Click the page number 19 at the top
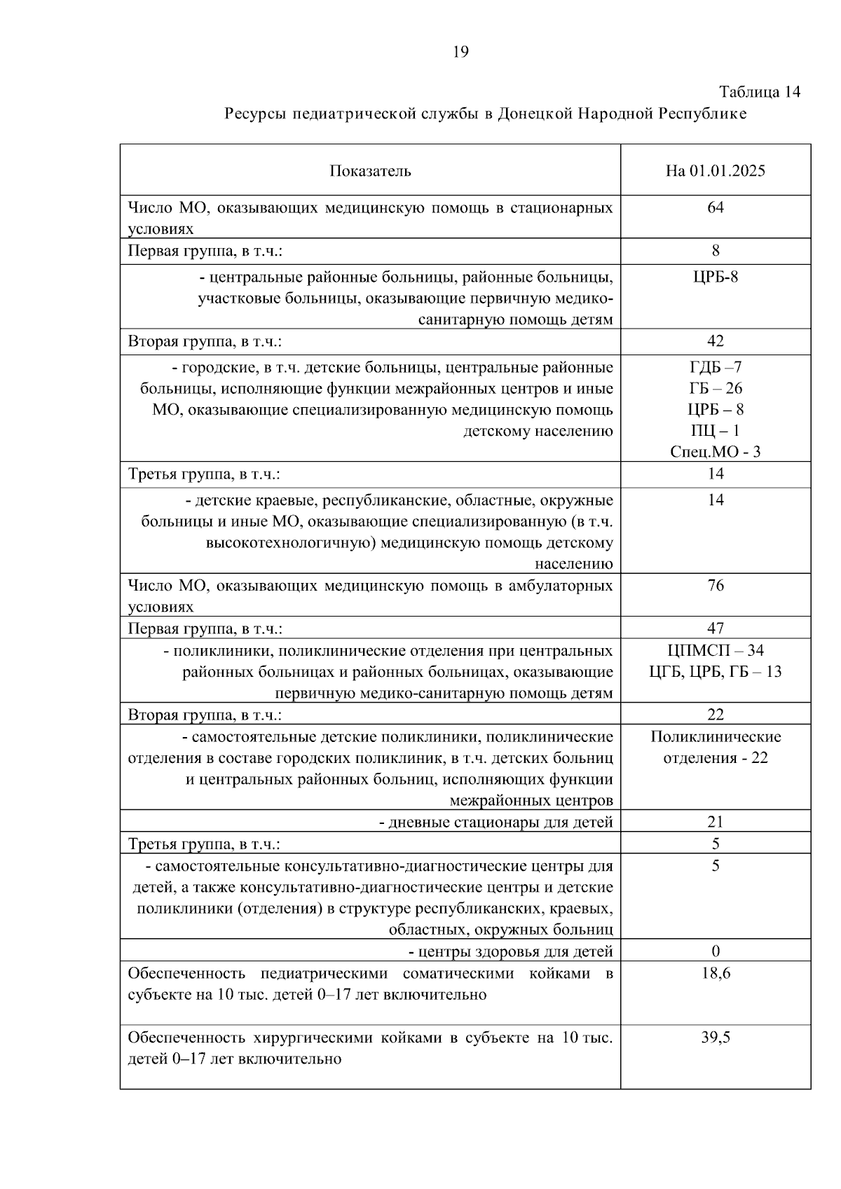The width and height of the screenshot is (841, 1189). (461, 51)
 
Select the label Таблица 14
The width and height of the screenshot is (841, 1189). (760, 92)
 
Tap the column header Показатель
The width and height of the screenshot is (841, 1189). (370, 171)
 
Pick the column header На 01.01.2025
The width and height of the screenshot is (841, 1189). (716, 171)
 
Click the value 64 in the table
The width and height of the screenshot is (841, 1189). (716, 207)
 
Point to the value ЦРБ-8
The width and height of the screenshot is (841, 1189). (716, 277)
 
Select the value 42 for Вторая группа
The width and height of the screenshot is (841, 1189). (716, 341)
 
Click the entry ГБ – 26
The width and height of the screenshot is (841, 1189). (716, 388)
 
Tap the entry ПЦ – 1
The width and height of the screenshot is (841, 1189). (716, 430)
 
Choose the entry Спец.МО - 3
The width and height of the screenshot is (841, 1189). (716, 452)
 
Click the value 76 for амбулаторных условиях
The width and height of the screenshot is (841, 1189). (716, 585)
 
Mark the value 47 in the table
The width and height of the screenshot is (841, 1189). (716, 628)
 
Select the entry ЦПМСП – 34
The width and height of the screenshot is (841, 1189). (716, 650)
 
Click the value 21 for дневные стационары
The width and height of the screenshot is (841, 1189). (716, 822)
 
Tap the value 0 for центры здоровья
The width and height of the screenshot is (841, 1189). (716, 951)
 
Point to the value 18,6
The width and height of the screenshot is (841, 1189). (716, 973)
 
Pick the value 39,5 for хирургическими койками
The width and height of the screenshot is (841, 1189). (716, 1038)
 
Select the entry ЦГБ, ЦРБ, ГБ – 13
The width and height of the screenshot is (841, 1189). (716, 672)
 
